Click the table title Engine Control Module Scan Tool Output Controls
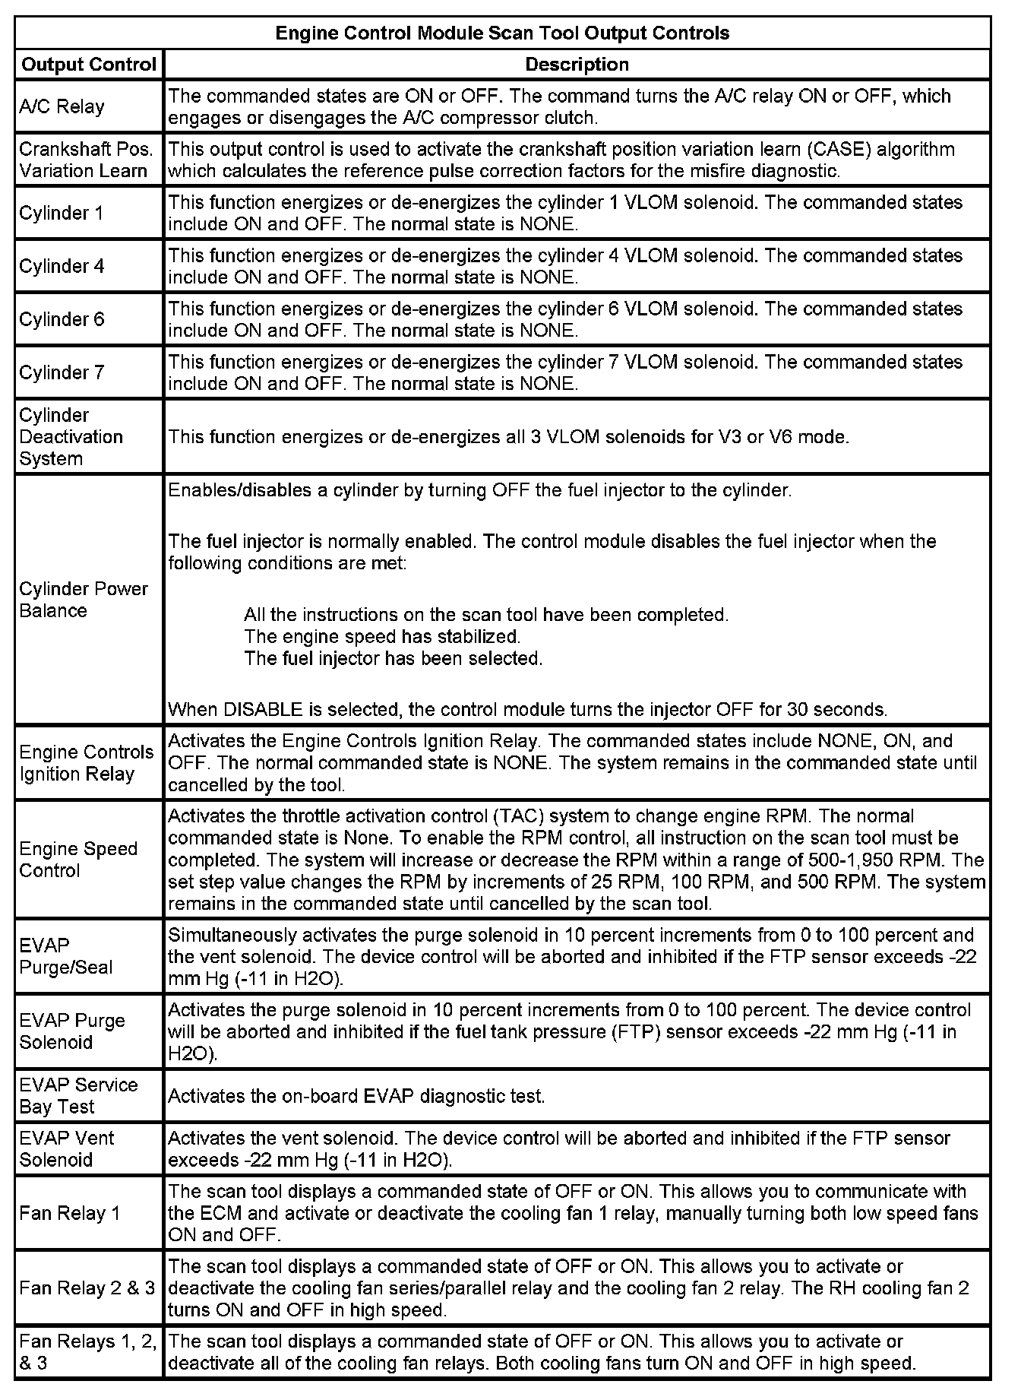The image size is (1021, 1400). point(502,33)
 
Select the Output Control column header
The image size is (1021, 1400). point(89,65)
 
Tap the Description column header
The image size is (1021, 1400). point(577,65)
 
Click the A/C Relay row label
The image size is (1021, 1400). point(62,106)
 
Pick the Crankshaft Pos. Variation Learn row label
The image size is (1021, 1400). point(86,160)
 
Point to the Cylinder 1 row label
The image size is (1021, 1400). point(62,213)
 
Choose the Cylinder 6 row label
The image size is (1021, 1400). point(62,319)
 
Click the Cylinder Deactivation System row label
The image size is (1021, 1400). point(71,437)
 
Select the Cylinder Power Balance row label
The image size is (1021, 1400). point(84,600)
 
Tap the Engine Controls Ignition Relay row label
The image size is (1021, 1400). point(87,763)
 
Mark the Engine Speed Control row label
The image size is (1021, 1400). point(78,860)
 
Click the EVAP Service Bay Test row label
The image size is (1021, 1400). point(78,1095)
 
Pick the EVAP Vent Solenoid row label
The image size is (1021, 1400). point(67,1148)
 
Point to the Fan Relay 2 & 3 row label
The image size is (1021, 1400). point(87,1288)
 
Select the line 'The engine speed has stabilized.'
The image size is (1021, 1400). point(382,636)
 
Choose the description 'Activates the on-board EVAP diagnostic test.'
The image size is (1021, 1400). point(356,1096)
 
